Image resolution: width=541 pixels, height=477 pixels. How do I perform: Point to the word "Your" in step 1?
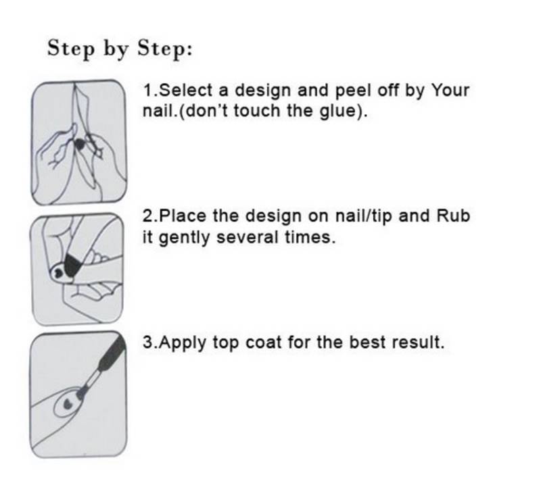coord(450,91)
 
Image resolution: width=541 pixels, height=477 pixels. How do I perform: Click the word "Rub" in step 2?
coord(453,216)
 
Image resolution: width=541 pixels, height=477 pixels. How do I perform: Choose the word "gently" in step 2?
coord(184,238)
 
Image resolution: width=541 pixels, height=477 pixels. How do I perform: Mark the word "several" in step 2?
coord(247,237)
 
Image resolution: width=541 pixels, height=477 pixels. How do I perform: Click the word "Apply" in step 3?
coord(183,343)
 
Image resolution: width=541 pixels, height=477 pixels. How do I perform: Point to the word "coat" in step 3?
coord(263,343)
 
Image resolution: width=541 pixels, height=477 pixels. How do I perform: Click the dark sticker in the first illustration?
coord(80,145)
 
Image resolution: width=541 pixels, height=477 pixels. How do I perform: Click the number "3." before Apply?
coord(150,343)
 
